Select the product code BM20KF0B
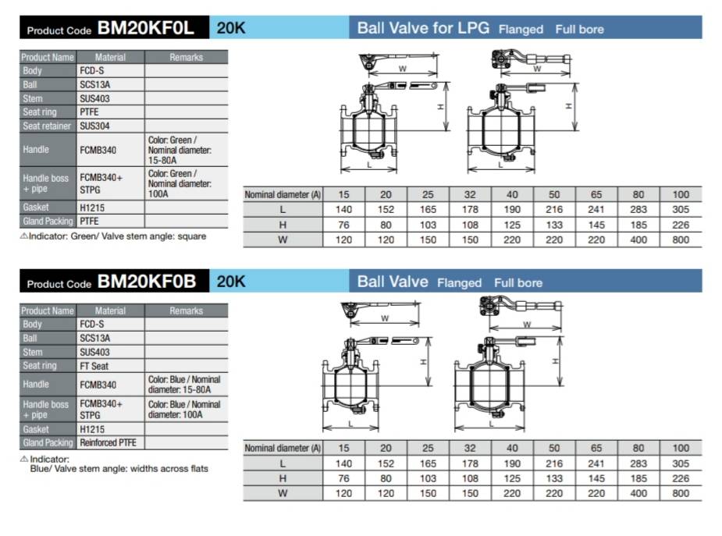tap(147, 282)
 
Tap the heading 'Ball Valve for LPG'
tap(423, 28)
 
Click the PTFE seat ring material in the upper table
tap(89, 112)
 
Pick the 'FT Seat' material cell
tap(94, 366)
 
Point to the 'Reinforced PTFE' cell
tap(108, 442)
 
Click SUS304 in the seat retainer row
tap(95, 126)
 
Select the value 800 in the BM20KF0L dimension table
tap(681, 240)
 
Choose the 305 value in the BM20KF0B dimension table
tap(681, 463)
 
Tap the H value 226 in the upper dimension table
tap(681, 225)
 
